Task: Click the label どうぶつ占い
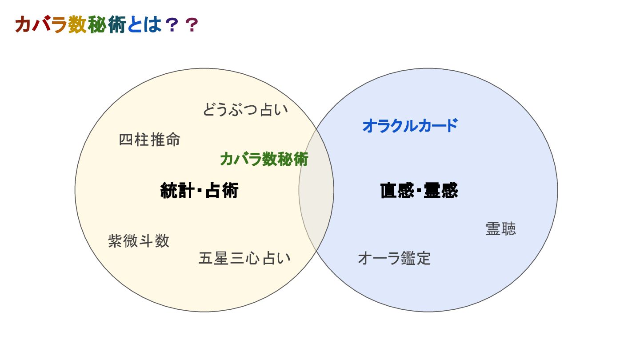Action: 245,109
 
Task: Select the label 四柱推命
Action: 149,140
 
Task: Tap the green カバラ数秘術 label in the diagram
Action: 264,159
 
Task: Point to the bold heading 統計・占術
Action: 200,191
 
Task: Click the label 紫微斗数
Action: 139,241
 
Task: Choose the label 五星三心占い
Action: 244,258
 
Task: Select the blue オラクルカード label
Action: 409,126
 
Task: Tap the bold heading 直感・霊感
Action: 419,191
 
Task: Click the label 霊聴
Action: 501,229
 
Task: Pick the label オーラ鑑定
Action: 394,258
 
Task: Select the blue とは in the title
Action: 144,26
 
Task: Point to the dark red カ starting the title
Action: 23,26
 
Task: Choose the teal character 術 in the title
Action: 116,26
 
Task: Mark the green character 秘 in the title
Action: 97,26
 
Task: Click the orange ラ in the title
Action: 59,26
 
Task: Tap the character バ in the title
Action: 41,26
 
